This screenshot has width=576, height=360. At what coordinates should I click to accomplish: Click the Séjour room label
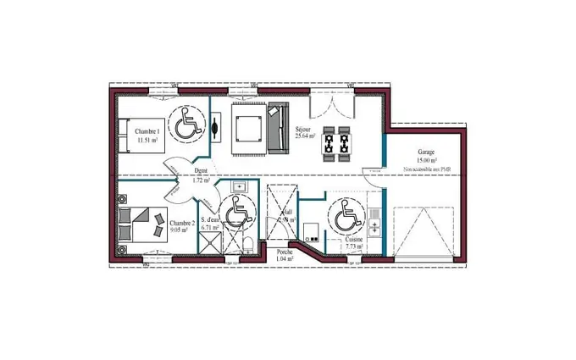(x=304, y=130)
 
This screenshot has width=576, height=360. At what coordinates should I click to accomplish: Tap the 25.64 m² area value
(x=305, y=136)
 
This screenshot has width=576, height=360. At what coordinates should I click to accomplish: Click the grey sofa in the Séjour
(x=277, y=128)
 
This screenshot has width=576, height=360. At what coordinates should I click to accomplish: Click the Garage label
(x=426, y=152)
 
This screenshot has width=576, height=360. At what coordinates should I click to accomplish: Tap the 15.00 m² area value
(x=426, y=160)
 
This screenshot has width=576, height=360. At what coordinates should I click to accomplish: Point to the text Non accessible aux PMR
(x=426, y=169)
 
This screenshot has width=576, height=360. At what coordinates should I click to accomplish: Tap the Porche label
(x=285, y=252)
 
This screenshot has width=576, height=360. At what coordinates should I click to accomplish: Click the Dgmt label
(x=201, y=172)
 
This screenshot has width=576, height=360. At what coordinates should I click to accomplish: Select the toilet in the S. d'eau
(x=246, y=245)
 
